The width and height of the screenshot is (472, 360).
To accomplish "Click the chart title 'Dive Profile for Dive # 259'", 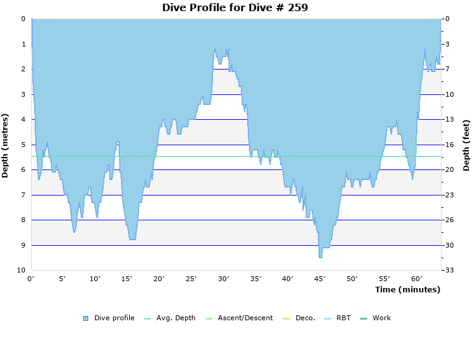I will point(235,7).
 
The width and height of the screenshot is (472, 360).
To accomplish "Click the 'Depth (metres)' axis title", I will point(6,145).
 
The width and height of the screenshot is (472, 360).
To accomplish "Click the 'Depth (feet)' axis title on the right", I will point(466,145).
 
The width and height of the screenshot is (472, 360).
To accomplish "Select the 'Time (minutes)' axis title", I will point(407,290).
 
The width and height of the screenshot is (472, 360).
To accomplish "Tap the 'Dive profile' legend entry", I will point(109,318).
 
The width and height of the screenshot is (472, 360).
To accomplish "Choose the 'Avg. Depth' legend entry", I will point(170,318).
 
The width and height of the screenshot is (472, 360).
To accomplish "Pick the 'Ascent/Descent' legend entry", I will point(239,318).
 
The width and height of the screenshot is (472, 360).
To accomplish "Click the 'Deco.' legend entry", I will point(299,318).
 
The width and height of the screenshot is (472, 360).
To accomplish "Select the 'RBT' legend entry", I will point(338,318).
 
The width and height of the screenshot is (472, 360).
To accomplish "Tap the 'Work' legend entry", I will point(376,318).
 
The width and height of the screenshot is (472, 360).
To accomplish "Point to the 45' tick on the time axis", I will point(319,279).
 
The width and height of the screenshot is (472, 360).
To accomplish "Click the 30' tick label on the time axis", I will point(223,279).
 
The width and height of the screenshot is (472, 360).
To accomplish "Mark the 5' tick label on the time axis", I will point(63,279).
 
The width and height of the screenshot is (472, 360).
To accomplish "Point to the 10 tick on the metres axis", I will point(21,271).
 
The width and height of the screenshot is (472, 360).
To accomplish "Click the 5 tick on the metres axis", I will point(23,145).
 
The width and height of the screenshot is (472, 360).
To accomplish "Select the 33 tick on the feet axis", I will point(452,271).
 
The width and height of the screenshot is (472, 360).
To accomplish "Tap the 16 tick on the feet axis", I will point(452,145).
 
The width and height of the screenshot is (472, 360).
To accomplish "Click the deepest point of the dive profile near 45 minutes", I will point(320,256).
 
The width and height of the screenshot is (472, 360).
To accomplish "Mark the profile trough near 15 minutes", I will point(132,238).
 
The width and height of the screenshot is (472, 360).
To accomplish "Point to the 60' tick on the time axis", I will point(415,279).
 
